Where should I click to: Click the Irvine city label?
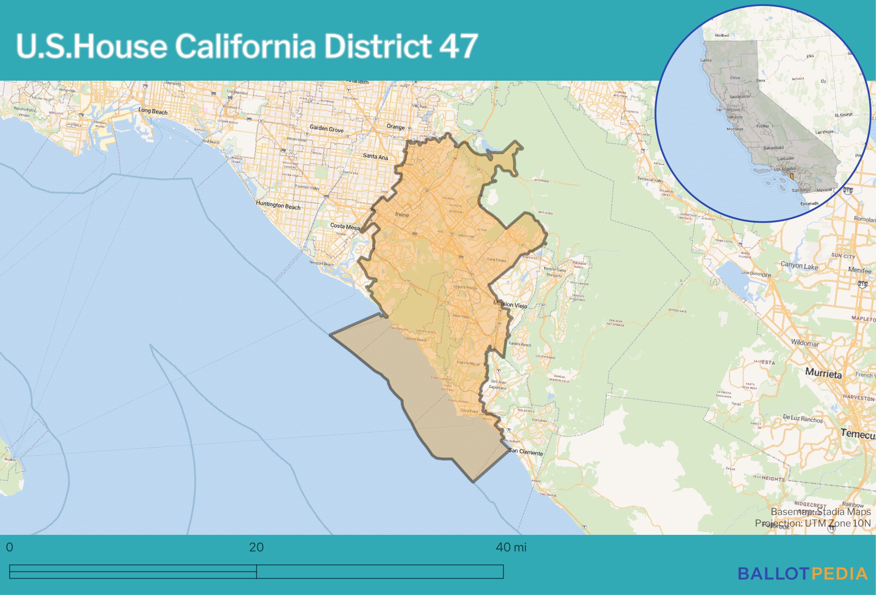coord(402,215)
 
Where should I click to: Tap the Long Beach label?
coord(153,111)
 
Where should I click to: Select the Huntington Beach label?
coord(278,205)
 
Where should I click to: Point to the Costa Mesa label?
coord(345,227)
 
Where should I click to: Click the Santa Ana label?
coord(375,156)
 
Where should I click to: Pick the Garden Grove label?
coord(327,129)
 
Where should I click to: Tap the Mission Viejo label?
coord(510,305)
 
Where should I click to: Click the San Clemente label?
coord(526,452)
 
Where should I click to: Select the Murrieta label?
coord(823,373)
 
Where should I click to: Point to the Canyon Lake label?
coord(799,265)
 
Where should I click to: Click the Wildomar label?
coord(805,343)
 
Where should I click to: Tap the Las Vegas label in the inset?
coord(824,132)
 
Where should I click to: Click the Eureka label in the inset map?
coord(706,60)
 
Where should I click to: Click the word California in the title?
coord(245,46)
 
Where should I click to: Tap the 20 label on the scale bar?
coord(256,547)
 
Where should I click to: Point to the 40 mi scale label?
coord(511,547)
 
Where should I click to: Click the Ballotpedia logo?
coord(803,574)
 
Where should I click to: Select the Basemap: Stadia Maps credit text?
coord(820,512)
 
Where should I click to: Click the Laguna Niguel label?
coord(468,363)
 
